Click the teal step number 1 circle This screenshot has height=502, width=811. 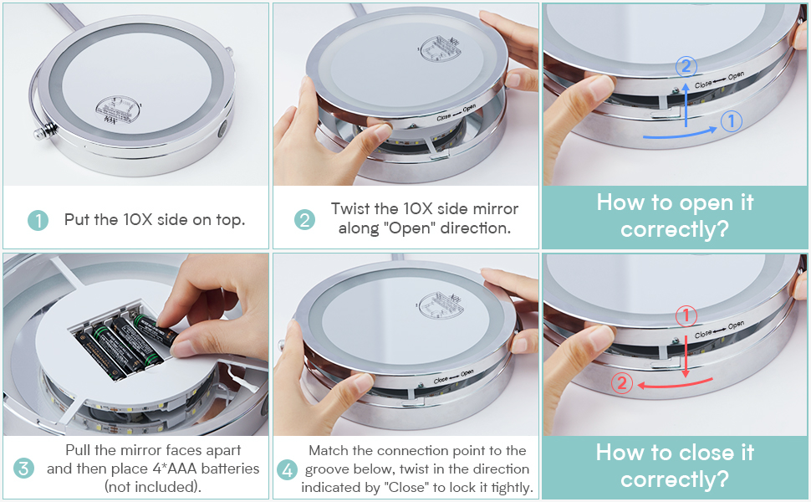click(x=38, y=220)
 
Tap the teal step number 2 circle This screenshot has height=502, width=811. click(x=304, y=220)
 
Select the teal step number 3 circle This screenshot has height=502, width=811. click(x=23, y=469)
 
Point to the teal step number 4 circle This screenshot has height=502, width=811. click(x=288, y=470)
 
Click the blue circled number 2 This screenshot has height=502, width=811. click(x=686, y=66)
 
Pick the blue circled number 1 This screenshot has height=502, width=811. click(x=732, y=121)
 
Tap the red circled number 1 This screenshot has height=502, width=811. click(x=686, y=315)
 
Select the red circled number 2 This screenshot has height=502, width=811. click(x=622, y=383)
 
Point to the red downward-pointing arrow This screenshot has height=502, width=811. click(x=686, y=356)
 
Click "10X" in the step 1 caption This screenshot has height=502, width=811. click(x=138, y=219)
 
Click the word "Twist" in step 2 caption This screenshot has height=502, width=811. click(x=350, y=208)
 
